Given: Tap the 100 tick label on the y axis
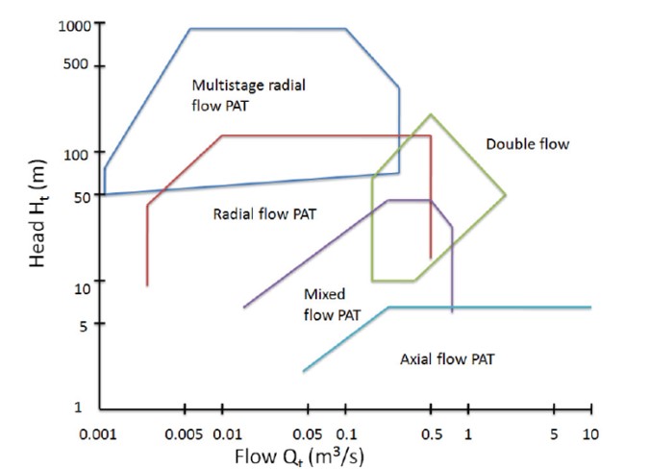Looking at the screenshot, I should point(78,154).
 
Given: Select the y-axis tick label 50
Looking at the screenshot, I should point(82,196).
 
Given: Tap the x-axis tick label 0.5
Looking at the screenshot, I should point(430,434).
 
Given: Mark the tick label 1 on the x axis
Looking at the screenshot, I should point(468,434).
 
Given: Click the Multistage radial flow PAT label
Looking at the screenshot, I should point(248,95).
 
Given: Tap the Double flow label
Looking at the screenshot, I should point(528,144).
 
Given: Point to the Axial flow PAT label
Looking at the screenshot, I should point(446,359).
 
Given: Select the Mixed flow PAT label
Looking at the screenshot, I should point(324,303).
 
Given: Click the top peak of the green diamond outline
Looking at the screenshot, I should point(431,114).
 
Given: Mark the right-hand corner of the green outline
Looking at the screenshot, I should point(506,195).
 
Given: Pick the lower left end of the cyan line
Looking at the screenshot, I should point(303,371).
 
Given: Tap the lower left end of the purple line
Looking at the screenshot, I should point(244,308).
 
